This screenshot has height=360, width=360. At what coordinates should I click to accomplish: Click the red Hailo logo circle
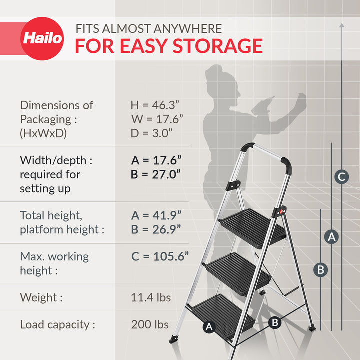tap(42, 38)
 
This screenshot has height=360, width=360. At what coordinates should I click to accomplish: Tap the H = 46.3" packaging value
tap(155, 105)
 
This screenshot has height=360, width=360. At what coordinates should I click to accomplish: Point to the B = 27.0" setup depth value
tap(156, 174)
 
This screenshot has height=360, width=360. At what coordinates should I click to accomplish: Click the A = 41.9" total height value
tap(156, 215)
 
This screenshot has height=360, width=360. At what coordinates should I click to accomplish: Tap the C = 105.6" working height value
tap(160, 256)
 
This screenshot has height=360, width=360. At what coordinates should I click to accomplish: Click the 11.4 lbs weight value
tap(151, 298)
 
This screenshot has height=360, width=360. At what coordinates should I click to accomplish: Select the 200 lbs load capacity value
tap(150, 324)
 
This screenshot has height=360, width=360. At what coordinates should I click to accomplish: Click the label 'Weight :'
tap(41, 298)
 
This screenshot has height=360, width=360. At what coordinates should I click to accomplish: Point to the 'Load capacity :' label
tap(57, 324)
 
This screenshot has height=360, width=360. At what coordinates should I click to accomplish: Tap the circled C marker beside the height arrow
tap(341, 176)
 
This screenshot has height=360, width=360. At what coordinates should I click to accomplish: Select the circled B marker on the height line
tap(321, 270)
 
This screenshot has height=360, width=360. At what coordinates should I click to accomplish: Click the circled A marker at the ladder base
tap(209, 327)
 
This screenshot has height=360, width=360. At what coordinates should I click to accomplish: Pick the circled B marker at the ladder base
tap(274, 322)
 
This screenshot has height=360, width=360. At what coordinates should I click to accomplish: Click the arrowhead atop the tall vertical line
tap(341, 23)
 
